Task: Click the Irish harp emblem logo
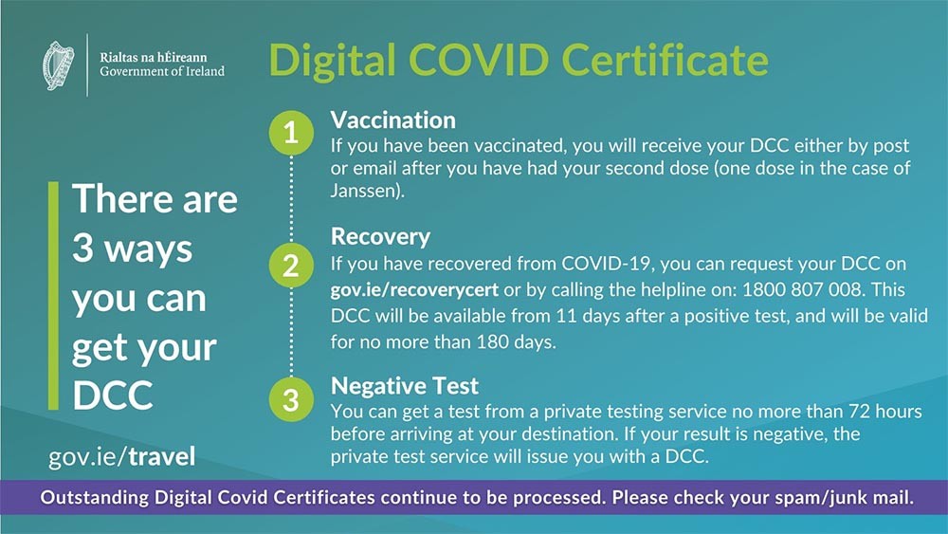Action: click(58, 65)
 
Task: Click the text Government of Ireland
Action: click(162, 71)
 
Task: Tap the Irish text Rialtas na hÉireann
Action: click(154, 58)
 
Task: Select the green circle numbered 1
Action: click(291, 133)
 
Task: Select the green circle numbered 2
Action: click(291, 266)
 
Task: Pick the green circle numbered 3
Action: click(291, 399)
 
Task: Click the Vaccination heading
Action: click(393, 120)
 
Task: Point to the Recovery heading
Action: click(380, 236)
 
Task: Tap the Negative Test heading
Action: click(405, 385)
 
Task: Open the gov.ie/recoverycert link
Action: click(415, 289)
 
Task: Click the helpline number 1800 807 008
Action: click(802, 289)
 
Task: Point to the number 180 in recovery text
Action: click(492, 341)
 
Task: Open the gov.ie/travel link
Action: click(121, 456)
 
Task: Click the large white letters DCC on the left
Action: click(113, 396)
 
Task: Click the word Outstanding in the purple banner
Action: click(94, 498)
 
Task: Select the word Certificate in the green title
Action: click(665, 59)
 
